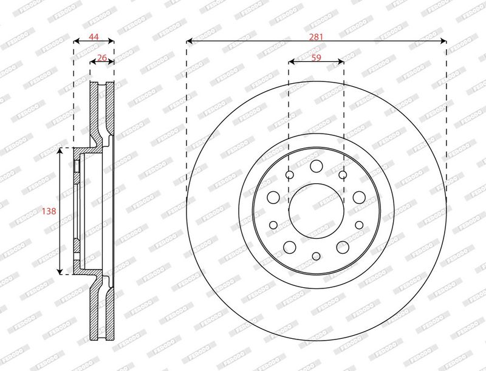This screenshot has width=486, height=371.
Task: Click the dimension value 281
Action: tap(316, 37)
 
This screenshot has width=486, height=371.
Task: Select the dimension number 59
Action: tap(316, 58)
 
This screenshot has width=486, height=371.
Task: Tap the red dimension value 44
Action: tap(94, 37)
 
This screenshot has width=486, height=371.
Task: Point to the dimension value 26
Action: tap(101, 58)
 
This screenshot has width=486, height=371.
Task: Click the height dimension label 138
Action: tap(49, 211)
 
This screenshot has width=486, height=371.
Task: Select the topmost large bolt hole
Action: tap(316, 166)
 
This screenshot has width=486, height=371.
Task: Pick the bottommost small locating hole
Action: tap(316, 256)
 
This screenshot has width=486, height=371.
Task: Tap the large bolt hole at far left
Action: tap(273, 197)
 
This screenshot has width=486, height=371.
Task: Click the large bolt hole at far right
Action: tap(359, 197)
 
